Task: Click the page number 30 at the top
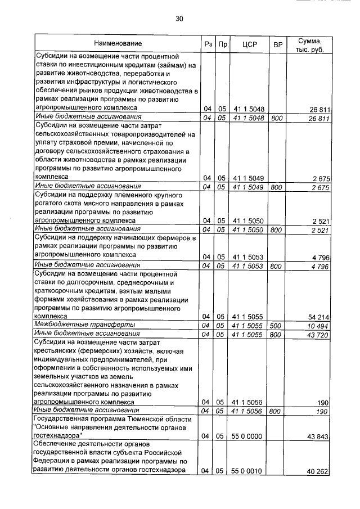click(179, 19)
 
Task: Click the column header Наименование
click(118, 43)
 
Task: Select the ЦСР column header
click(248, 43)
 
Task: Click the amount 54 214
click(316, 317)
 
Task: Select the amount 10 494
click(316, 326)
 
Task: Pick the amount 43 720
click(316, 335)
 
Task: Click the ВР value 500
click(276, 326)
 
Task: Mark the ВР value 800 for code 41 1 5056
click(276, 412)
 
